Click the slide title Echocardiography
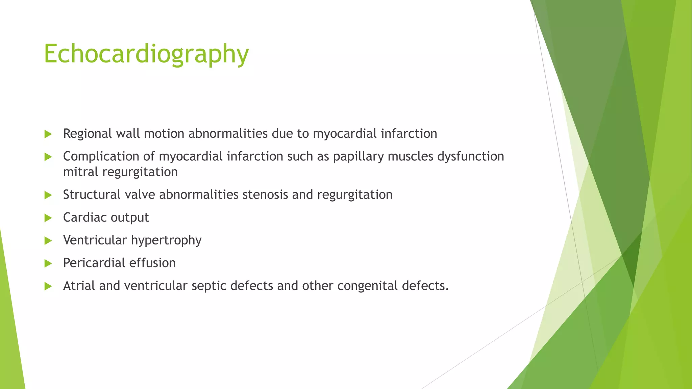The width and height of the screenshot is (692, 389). tap(146, 54)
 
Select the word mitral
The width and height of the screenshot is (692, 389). tap(80, 172)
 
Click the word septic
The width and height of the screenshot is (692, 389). tap(208, 286)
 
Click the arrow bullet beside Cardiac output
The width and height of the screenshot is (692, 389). tap(48, 218)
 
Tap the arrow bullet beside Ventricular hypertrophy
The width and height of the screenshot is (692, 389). tap(48, 241)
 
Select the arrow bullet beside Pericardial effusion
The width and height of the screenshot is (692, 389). tap(48, 263)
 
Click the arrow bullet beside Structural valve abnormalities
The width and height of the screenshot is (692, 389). tap(48, 195)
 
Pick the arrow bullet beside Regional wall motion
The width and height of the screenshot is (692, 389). tap(48, 134)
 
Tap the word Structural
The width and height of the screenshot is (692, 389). tap(92, 195)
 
